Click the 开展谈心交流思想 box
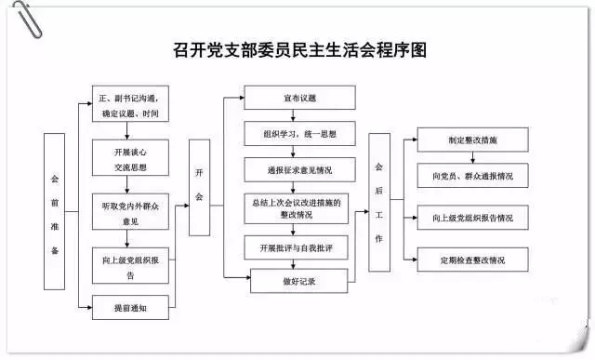(130, 161)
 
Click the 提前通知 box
(130, 306)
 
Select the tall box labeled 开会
(199, 185)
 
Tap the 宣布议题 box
(299, 98)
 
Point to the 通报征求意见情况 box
(299, 171)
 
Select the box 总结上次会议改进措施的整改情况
(299, 208)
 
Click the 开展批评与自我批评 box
(299, 248)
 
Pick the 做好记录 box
(299, 280)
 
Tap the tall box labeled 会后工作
(378, 202)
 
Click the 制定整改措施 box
(472, 140)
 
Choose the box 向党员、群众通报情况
(472, 175)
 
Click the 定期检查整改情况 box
(472, 259)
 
